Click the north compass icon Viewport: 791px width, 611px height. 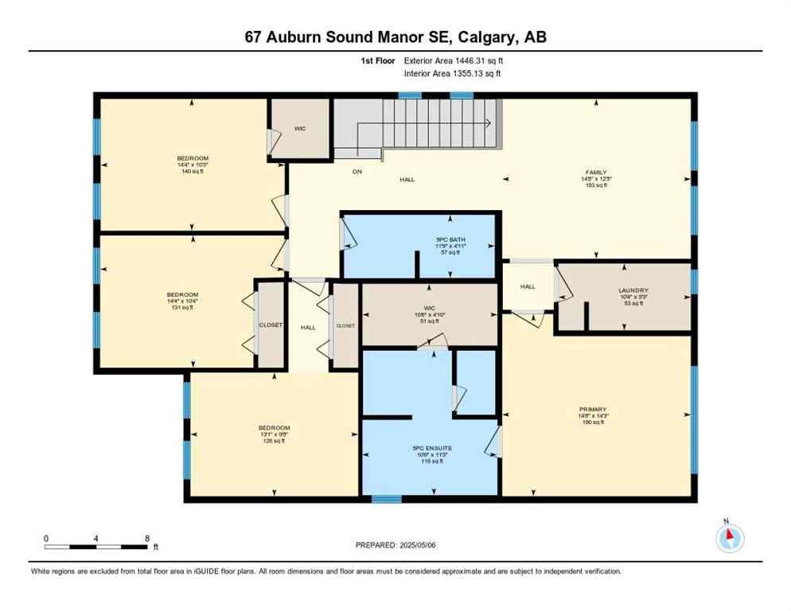(x=729, y=539)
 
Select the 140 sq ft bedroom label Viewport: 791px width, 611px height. (x=193, y=165)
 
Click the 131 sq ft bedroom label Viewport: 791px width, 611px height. (x=188, y=301)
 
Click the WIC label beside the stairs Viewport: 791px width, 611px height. (x=299, y=129)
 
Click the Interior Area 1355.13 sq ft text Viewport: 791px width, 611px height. (x=452, y=74)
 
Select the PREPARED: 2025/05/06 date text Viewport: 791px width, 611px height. (x=395, y=545)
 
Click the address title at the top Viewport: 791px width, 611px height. (x=395, y=37)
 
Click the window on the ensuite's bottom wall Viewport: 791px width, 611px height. (x=386, y=500)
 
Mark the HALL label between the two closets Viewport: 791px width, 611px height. (x=308, y=327)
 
